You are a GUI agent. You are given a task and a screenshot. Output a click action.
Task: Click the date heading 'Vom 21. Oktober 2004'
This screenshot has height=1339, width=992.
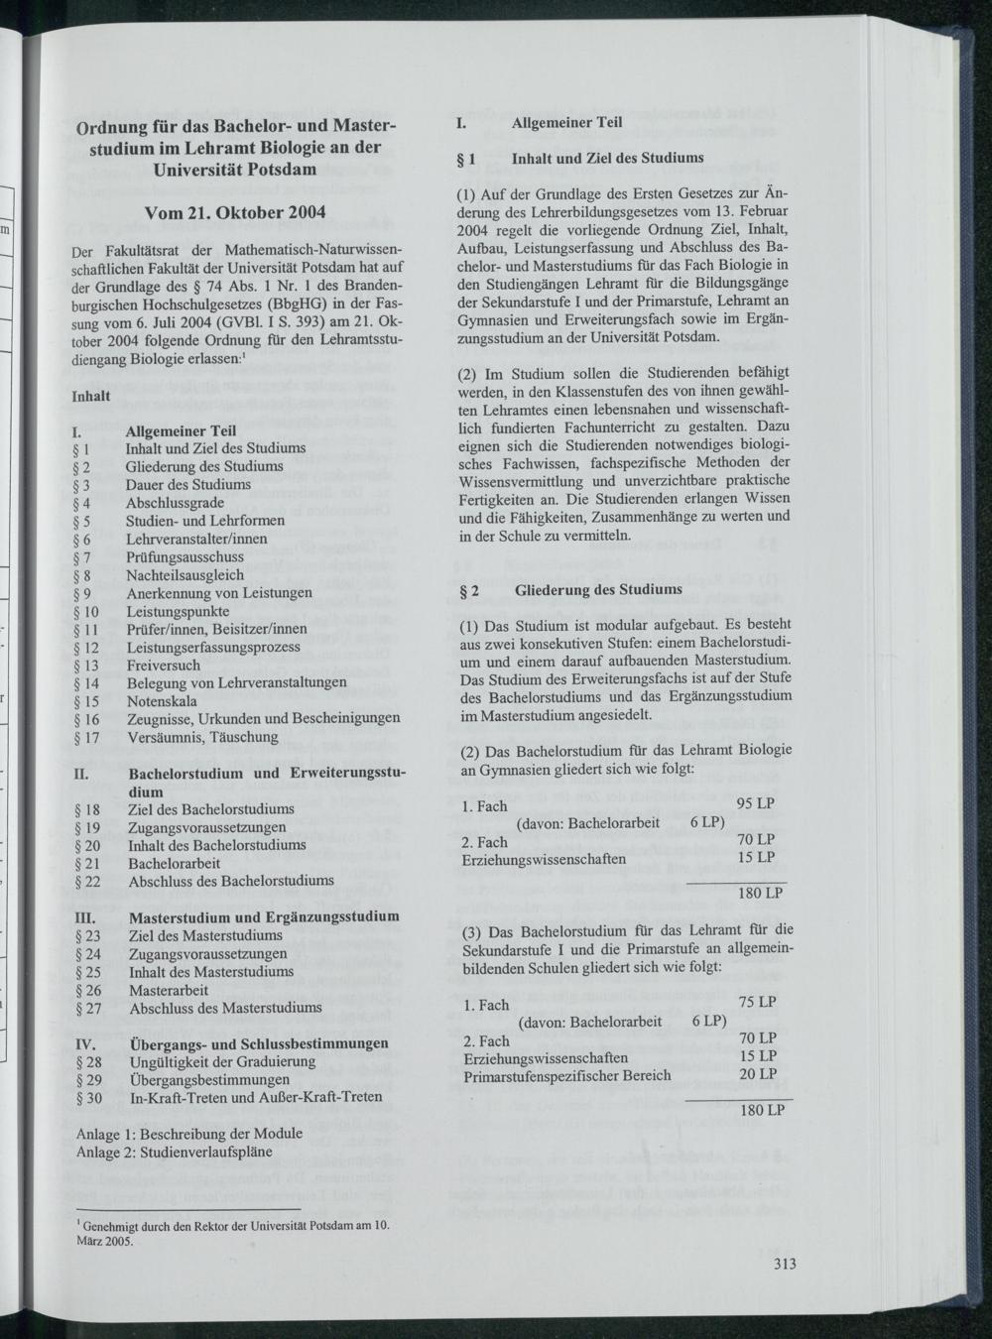234,212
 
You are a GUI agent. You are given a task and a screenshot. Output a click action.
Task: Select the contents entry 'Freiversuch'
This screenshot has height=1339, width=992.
163,666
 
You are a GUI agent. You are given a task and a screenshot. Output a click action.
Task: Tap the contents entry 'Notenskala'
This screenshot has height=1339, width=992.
161,701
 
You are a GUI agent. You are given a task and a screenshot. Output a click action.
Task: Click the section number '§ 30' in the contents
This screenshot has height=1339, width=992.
88,1097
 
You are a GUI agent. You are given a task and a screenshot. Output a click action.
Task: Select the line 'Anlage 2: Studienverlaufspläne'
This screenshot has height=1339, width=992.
174,1151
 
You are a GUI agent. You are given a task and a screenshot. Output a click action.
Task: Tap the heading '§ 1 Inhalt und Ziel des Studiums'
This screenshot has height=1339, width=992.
579,158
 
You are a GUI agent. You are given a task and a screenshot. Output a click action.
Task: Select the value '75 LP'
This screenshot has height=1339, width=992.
757,1003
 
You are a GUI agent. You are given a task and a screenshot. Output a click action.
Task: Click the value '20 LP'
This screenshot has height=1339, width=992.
758,1074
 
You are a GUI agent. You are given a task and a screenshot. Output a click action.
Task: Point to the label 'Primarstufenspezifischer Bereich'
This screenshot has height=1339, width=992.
566,1075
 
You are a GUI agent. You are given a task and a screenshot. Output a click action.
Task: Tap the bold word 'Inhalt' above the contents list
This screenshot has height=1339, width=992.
91,395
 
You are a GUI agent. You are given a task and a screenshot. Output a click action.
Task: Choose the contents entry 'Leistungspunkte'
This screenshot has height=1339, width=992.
178,611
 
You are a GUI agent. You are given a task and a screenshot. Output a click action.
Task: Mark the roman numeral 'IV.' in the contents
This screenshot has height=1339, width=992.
85,1043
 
